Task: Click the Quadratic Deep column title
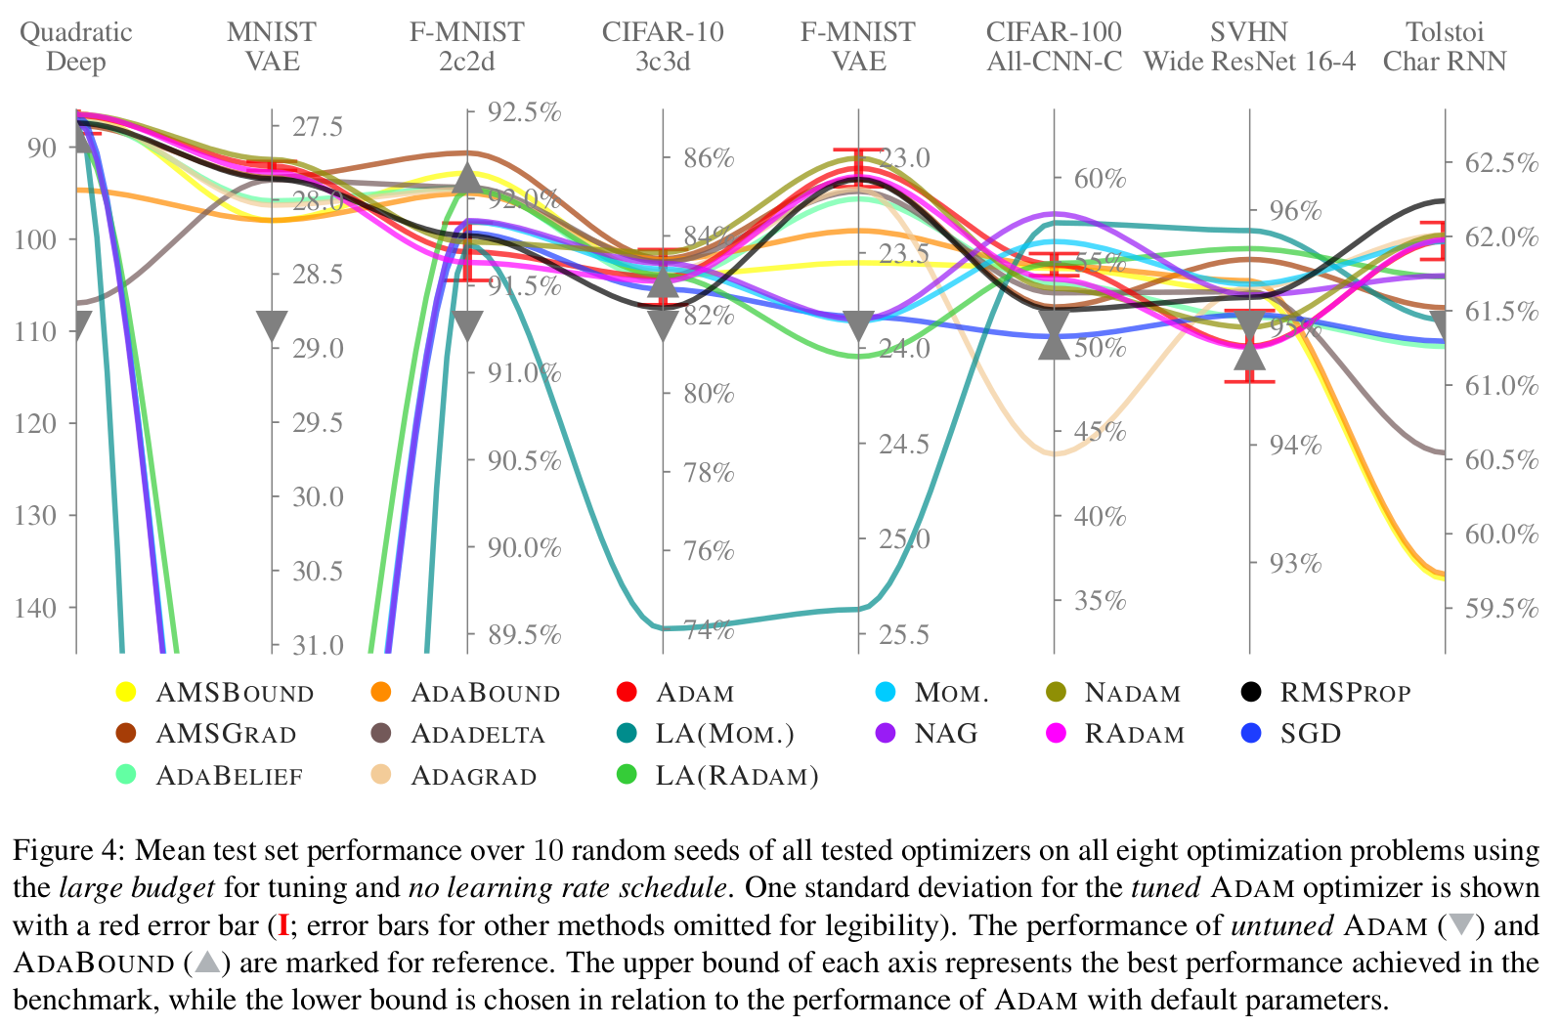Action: (x=75, y=47)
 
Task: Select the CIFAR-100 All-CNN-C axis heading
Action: (x=1054, y=47)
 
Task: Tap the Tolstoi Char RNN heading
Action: (x=1445, y=47)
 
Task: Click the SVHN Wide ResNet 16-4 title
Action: (x=1249, y=47)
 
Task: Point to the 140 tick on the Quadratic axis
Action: (x=42, y=608)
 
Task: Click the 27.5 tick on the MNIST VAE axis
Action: (x=318, y=127)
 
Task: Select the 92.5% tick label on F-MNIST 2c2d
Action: (x=525, y=112)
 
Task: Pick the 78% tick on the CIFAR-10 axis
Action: (x=709, y=473)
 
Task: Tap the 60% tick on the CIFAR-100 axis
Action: (x=1100, y=179)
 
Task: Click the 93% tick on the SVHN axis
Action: (x=1295, y=564)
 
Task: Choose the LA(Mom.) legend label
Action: (x=724, y=734)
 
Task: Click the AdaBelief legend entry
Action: (x=229, y=776)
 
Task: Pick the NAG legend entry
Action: (x=945, y=734)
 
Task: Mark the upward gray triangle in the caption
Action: (x=207, y=963)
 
